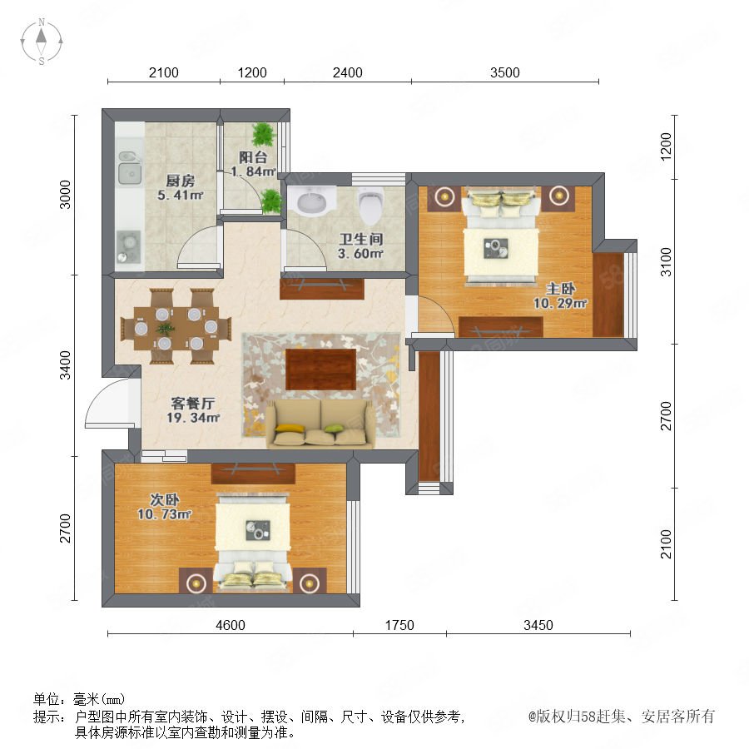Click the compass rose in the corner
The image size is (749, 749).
point(42,42)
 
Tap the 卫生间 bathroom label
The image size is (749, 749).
point(361,239)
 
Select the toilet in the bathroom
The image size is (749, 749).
point(371,206)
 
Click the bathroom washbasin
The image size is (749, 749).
point(312,201)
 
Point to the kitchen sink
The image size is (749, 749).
point(130,168)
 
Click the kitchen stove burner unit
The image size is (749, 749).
point(129,247)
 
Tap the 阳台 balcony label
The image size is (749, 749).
point(253,157)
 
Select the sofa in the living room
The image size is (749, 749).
point(320,424)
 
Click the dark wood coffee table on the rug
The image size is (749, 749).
point(321,370)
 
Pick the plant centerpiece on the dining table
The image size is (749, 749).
point(166,328)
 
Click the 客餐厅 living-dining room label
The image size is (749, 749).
point(192,403)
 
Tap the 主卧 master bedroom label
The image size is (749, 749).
point(560,289)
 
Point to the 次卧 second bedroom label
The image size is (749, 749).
point(165,499)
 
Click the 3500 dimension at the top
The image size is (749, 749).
point(505,72)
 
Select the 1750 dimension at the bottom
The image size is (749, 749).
point(399,625)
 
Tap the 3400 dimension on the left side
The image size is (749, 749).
point(65,365)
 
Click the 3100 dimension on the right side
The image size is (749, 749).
point(666,262)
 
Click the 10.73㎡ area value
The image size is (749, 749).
point(164,514)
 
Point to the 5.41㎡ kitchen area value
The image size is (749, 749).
point(181,195)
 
